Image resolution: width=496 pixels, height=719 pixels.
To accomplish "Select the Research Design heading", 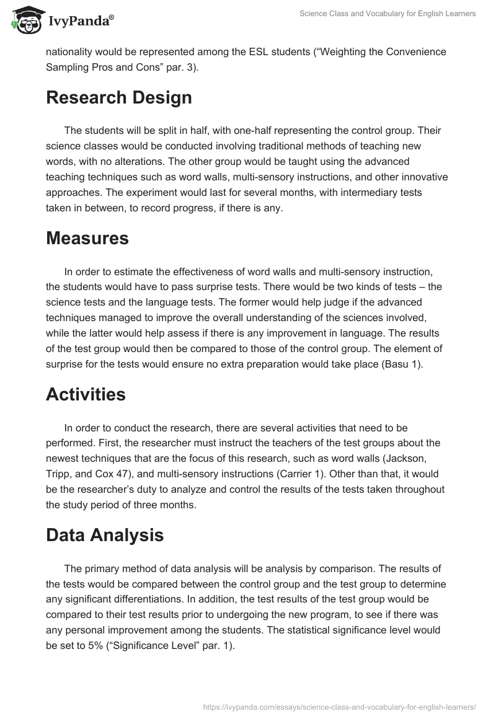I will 118,97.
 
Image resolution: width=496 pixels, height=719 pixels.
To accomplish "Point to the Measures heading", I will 87,239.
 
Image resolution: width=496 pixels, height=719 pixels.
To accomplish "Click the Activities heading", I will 86,394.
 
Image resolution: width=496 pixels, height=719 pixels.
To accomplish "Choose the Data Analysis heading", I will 105,535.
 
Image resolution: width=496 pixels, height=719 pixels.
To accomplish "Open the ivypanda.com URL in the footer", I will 340,706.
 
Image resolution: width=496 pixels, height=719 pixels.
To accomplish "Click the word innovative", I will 420,176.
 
